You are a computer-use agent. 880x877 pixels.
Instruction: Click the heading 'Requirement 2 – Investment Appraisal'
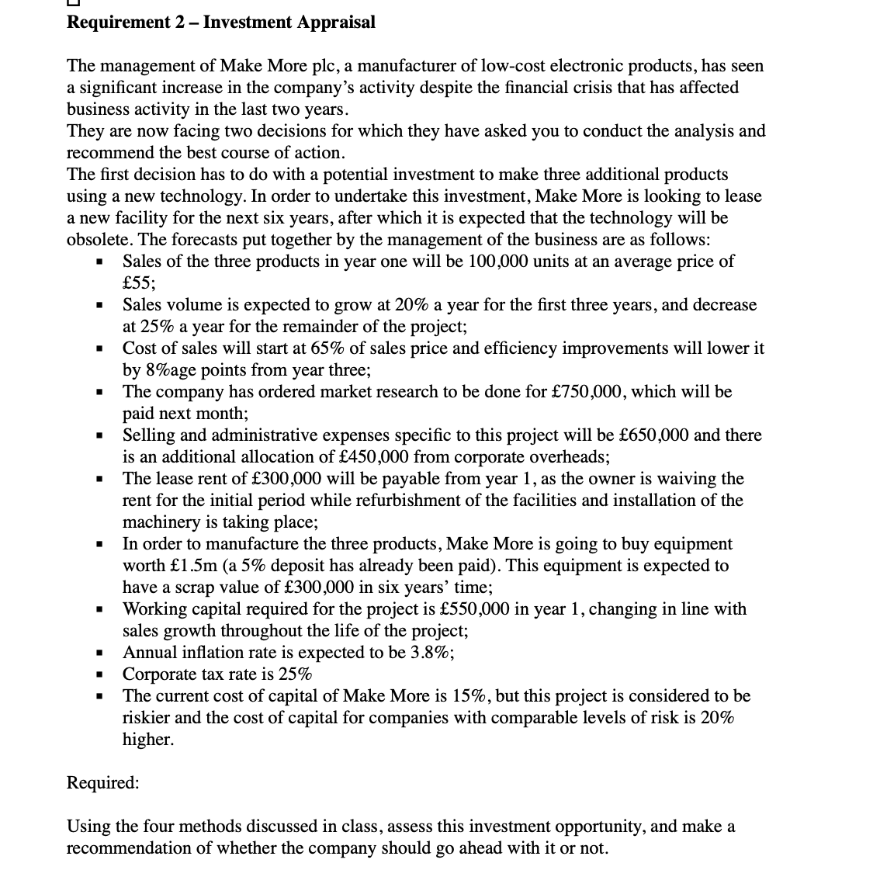[x=221, y=22]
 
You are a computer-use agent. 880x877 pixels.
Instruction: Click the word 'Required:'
[x=103, y=782]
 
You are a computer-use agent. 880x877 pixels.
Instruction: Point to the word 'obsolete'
[x=99, y=240]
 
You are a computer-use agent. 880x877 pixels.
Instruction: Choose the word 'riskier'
[x=147, y=718]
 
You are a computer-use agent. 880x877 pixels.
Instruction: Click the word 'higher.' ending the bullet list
[x=148, y=740]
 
